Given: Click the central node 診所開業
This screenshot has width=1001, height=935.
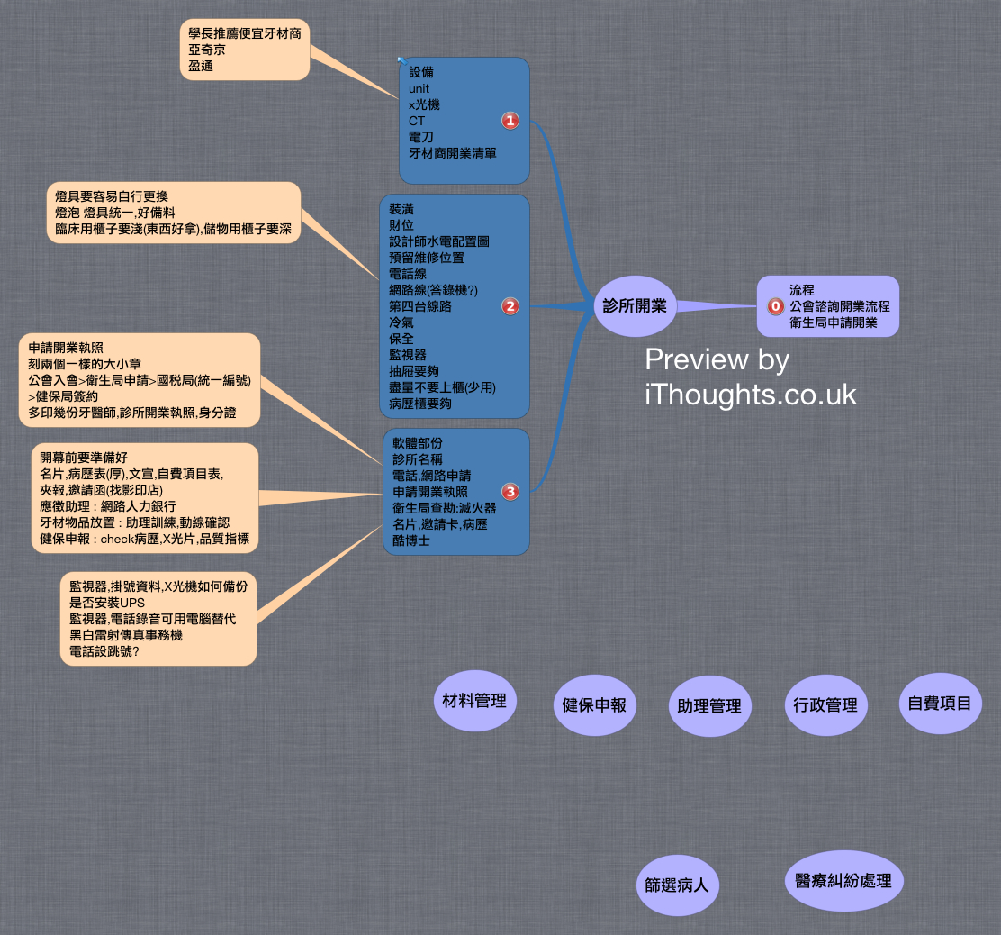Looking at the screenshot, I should click(x=635, y=306).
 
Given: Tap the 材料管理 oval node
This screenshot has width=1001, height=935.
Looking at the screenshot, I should click(x=474, y=701).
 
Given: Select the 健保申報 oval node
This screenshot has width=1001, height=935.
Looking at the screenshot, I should click(x=593, y=705).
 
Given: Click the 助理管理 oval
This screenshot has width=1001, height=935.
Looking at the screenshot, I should click(x=709, y=706).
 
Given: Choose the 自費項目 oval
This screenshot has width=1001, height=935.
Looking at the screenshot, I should click(x=940, y=703).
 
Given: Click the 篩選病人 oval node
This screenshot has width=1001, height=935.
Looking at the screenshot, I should click(x=676, y=885).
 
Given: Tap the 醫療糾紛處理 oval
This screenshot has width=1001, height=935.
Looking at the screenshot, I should click(x=843, y=880).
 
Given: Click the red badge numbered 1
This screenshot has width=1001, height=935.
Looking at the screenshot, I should click(x=510, y=121).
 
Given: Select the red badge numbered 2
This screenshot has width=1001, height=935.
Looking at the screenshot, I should click(x=510, y=306).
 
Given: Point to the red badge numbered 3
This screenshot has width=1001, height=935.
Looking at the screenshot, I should click(x=510, y=492).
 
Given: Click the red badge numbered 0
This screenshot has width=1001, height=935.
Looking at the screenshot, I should click(x=776, y=306).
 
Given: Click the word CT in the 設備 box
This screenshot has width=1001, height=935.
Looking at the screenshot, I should click(x=417, y=121).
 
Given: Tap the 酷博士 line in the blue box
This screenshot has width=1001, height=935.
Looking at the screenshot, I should click(x=411, y=540).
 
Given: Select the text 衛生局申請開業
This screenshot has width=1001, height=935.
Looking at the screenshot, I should click(x=833, y=322).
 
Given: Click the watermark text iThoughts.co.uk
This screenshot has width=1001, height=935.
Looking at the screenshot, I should click(x=751, y=394).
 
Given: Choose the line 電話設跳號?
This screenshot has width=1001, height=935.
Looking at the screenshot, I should click(x=104, y=651).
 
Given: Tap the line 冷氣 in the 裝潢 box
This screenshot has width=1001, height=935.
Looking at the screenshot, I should click(x=401, y=322).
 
